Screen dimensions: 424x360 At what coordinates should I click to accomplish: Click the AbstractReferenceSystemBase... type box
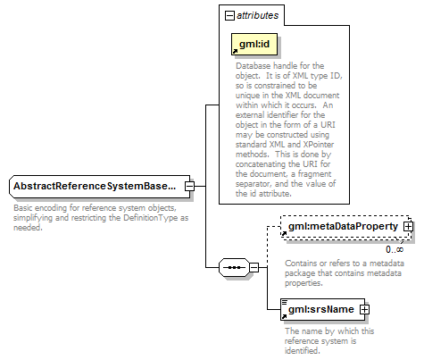click(x=100, y=187)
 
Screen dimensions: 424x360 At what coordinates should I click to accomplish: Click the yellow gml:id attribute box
click(x=254, y=44)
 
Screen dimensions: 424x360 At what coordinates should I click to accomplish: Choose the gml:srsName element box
click(x=323, y=309)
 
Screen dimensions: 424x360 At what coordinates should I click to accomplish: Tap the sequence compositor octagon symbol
click(x=234, y=267)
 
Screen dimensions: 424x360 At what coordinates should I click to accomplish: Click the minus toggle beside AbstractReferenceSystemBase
click(x=189, y=187)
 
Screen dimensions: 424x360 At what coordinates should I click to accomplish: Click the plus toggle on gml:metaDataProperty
click(x=408, y=227)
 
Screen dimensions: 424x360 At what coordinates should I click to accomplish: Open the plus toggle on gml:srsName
click(x=364, y=309)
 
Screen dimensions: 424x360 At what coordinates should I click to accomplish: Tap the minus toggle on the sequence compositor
click(x=254, y=267)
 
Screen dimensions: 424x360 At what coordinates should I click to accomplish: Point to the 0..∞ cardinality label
click(x=395, y=249)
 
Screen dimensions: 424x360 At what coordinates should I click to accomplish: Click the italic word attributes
click(x=257, y=15)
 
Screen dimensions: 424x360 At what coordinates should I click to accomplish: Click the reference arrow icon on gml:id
click(x=235, y=51)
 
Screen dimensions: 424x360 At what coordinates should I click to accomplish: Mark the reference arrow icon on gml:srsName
click(x=284, y=316)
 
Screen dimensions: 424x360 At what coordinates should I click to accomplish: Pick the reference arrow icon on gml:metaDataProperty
click(x=284, y=234)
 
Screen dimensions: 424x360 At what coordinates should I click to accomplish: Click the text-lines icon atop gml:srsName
click(x=285, y=302)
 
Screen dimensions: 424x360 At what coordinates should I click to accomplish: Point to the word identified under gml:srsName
click(x=302, y=350)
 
